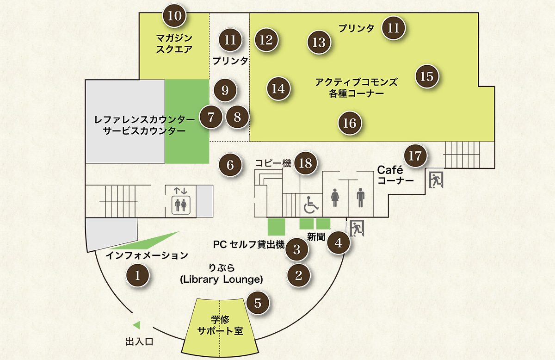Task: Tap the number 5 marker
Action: pos(258,303)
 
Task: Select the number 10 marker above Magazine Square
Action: pos(174,16)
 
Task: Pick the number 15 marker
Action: pos(427,76)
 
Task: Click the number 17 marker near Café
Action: pos(415,155)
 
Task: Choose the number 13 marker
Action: pos(319,43)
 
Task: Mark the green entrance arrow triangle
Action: pos(136,325)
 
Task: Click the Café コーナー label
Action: pos(395,175)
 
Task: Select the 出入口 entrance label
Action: pos(139,342)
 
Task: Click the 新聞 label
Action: pos(316,237)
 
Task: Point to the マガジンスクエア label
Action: pos(174,43)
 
